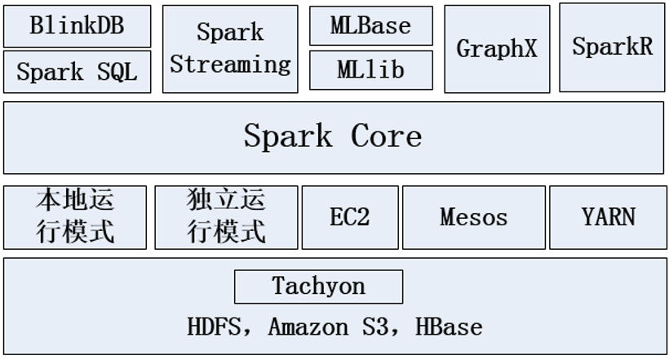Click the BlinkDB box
pos(77,26)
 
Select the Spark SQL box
pos(77,72)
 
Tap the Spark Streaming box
pos(230,49)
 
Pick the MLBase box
pos(370,26)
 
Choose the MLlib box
pos(370,71)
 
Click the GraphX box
pos(497,49)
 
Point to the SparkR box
pos(612,47)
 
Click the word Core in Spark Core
pos(387,136)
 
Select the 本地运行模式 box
pos(75,217)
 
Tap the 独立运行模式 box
pos(226,217)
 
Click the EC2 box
pos(350,217)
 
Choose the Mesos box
pos(473,217)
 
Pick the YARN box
pos(608,217)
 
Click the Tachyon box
pos(318,287)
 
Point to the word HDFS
pos(215,327)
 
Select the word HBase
pos(449,327)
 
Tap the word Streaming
pos(230,64)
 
